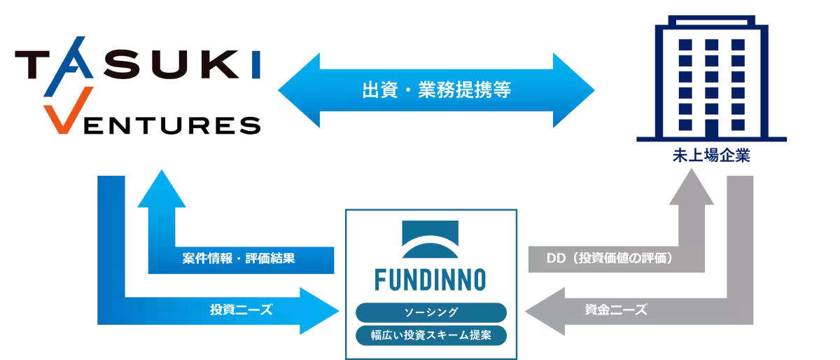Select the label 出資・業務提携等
[x=436, y=91]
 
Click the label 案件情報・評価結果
[x=239, y=258]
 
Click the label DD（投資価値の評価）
[x=609, y=258]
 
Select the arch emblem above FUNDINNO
[x=430, y=242]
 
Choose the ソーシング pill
[x=430, y=312]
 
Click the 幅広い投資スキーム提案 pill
[x=430, y=335]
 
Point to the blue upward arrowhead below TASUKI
[x=161, y=191]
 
